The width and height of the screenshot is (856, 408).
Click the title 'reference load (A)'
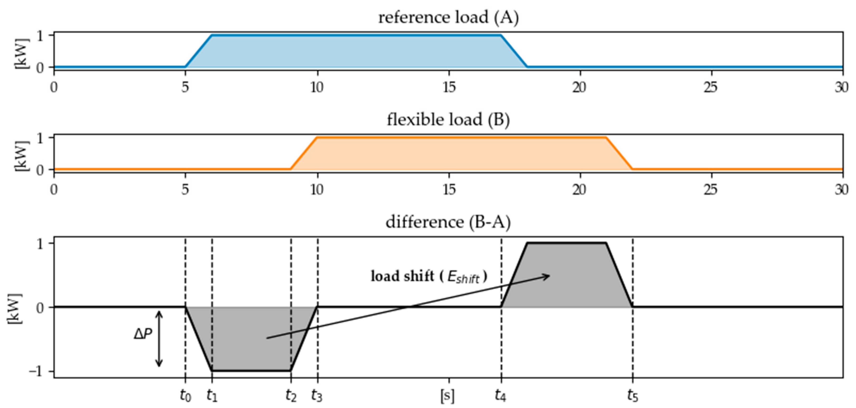[x=448, y=17]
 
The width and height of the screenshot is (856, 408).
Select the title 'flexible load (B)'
[x=448, y=120]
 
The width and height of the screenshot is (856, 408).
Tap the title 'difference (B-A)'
[x=448, y=222]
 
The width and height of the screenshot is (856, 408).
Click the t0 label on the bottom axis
[x=186, y=396]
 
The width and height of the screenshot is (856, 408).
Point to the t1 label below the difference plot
[x=212, y=396]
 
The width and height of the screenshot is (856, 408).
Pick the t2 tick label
[x=291, y=396]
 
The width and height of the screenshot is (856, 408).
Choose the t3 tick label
[x=317, y=396]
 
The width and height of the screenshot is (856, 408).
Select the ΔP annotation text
[x=143, y=334]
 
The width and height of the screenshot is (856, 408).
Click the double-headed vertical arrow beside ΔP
[x=159, y=339]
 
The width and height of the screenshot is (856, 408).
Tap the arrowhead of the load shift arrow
[x=547, y=276]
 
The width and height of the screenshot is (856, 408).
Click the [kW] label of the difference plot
[x=14, y=309]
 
